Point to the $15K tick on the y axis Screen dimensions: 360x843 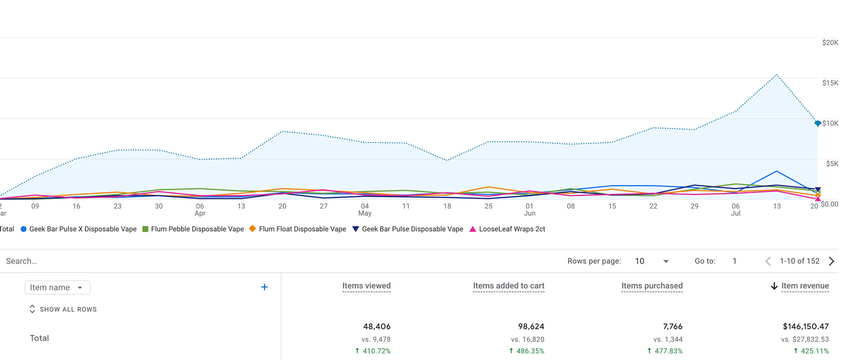pos(830,83)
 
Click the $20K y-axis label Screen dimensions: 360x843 pos(830,43)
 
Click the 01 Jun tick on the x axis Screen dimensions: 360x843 pos(530,209)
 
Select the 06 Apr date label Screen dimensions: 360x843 pos(200,209)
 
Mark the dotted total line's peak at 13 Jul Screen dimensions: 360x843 pos(777,75)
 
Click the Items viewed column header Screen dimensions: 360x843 pos(366,286)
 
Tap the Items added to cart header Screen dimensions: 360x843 pos(508,286)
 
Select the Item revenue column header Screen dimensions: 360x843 pos(805,286)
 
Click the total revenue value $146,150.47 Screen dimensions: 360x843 pos(806,327)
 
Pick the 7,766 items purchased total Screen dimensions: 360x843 pos(673,327)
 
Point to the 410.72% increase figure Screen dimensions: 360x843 pos(376,351)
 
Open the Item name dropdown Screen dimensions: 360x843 pos(58,288)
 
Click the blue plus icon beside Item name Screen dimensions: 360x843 pos(264,287)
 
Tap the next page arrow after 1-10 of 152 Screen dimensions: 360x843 pos(831,261)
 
